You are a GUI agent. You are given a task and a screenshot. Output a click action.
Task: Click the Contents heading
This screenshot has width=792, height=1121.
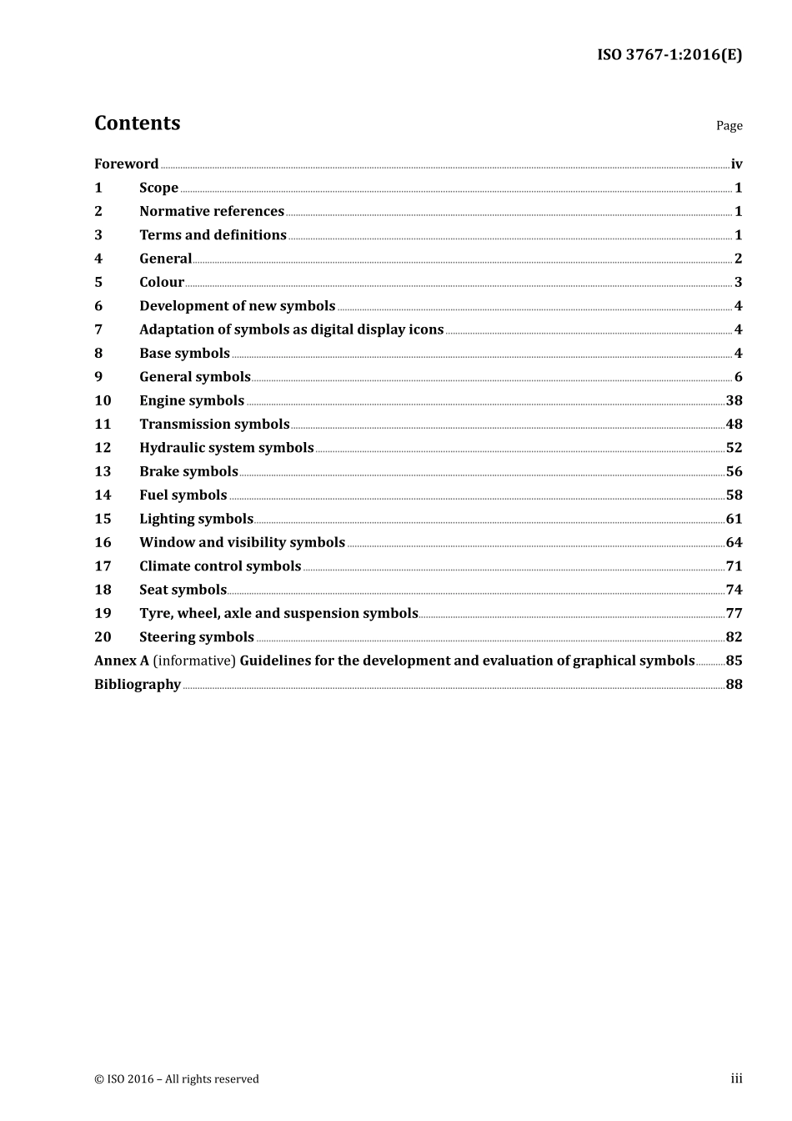pyautogui.click(x=137, y=123)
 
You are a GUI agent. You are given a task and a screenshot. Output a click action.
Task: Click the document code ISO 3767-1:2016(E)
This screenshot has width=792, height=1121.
pyautogui.click(x=669, y=55)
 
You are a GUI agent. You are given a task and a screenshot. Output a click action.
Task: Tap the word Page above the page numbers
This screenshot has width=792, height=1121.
pyautogui.click(x=729, y=126)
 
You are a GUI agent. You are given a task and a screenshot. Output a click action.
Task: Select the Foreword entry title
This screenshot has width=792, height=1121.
pyautogui.click(x=126, y=164)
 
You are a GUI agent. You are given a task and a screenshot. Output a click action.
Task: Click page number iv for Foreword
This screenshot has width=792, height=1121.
pyautogui.click(x=736, y=164)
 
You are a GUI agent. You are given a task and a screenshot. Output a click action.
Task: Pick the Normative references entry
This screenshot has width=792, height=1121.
pyautogui.click(x=212, y=212)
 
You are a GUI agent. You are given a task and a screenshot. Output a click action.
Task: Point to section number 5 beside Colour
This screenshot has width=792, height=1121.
pyautogui.click(x=98, y=283)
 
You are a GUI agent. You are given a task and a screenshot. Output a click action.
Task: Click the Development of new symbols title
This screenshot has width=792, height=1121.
pyautogui.click(x=237, y=306)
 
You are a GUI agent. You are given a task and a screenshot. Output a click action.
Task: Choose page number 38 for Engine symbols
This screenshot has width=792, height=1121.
pyautogui.click(x=734, y=401)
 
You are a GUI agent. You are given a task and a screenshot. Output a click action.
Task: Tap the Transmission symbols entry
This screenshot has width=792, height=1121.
pyautogui.click(x=214, y=425)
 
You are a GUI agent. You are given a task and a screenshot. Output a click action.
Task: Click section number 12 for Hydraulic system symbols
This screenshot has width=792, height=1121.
pyautogui.click(x=103, y=448)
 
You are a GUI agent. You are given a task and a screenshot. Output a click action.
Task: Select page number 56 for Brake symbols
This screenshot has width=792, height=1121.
pyautogui.click(x=734, y=472)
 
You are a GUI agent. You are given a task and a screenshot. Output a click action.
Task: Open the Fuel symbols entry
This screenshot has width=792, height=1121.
pyautogui.click(x=183, y=495)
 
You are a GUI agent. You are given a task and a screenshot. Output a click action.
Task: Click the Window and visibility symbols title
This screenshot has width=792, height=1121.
pyautogui.click(x=242, y=543)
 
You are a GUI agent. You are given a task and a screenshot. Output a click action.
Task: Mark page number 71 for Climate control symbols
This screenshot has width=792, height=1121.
pyautogui.click(x=734, y=566)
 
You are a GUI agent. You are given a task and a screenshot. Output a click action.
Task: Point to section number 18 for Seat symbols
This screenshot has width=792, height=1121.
pyautogui.click(x=103, y=590)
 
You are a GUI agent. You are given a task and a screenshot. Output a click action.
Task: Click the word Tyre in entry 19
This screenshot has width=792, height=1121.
pyautogui.click(x=156, y=614)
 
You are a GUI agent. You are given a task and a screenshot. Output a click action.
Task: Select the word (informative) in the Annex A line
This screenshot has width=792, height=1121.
pyautogui.click(x=194, y=661)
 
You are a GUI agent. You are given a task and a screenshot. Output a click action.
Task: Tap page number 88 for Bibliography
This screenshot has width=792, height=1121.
pyautogui.click(x=734, y=685)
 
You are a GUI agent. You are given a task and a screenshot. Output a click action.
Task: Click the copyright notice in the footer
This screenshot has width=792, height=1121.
pyautogui.click(x=177, y=1079)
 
